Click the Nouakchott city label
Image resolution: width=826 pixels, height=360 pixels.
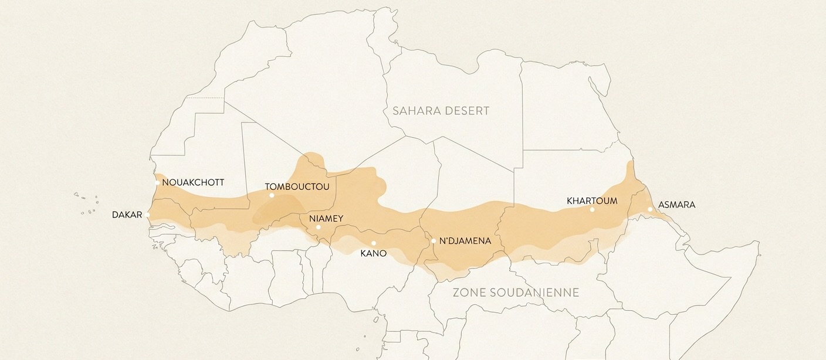pos(193,182)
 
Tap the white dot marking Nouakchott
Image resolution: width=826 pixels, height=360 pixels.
pos(157,183)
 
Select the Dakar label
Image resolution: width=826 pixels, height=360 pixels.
pos(127,215)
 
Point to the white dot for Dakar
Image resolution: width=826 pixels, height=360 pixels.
pos(148,215)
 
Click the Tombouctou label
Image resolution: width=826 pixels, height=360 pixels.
pos(297,187)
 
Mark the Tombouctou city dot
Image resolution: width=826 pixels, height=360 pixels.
pos(272,195)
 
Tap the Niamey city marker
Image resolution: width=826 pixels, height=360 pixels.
pos(319,227)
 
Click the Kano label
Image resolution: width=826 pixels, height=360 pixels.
pos(374,253)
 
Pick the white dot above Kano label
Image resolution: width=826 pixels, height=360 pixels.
pos(374,243)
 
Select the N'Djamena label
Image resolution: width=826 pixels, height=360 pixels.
pos(465,241)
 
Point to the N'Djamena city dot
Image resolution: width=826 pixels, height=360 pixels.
pos(434,241)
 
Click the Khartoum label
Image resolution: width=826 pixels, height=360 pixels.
pos(592,201)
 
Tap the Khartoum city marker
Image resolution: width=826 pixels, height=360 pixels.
pos(593,209)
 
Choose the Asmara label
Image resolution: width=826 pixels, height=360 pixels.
pos(676,205)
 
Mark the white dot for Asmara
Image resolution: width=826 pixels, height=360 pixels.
pos(650,209)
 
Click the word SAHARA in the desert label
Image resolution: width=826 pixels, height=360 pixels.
pos(417,111)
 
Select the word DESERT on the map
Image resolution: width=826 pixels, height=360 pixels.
pos(466,111)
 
